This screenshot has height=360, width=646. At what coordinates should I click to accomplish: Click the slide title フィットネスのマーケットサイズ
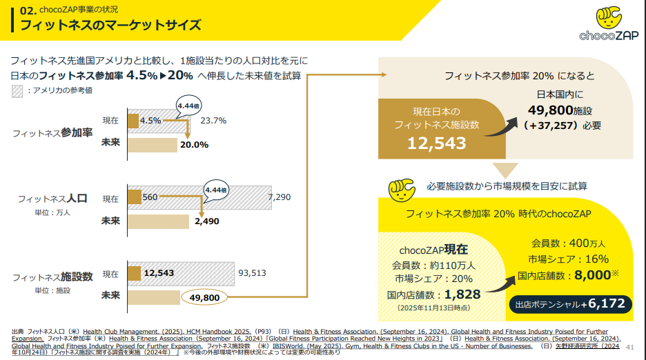(110, 26)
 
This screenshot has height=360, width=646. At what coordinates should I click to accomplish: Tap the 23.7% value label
(213, 120)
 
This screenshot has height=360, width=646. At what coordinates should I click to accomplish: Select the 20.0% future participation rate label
(194, 145)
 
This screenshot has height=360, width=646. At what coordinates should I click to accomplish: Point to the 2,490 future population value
(206, 221)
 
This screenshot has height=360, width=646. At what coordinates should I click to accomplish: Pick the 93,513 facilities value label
(253, 273)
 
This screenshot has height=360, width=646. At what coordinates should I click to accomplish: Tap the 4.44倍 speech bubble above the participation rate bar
(188, 106)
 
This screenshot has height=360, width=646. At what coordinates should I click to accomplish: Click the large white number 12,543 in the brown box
(436, 143)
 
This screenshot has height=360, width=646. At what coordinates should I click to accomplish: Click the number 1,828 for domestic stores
(462, 294)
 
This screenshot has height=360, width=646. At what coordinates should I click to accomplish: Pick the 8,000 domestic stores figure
(592, 275)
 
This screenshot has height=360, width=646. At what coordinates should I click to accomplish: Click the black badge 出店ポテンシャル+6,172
(569, 303)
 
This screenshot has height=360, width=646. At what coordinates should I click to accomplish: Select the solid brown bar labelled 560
(133, 197)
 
